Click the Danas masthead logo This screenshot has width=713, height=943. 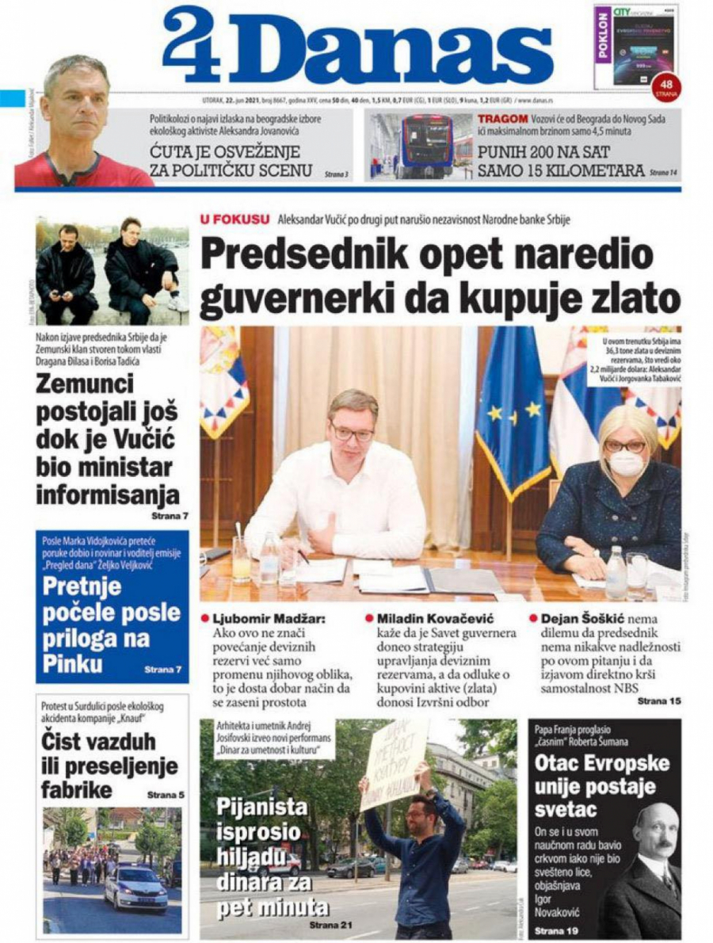[356, 45]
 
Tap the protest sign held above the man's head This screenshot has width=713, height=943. [394, 763]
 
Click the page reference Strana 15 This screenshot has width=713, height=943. [658, 701]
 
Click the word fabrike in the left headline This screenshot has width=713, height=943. [79, 790]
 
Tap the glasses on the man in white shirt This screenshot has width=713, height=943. [352, 432]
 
